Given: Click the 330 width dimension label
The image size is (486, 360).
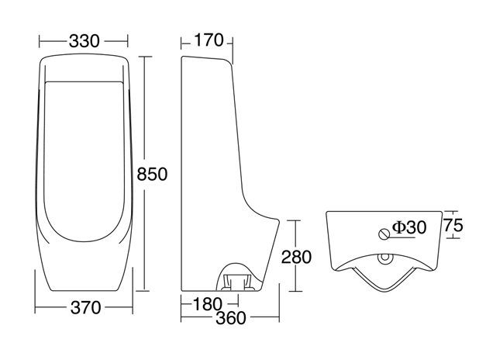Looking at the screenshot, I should point(84,41).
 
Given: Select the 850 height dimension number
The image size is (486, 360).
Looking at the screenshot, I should point(152,174).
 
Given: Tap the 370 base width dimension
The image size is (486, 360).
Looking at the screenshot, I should point(85,308).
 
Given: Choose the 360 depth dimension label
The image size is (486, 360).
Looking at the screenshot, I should point(230,318).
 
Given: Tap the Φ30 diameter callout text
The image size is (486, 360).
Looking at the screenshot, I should point(408,227).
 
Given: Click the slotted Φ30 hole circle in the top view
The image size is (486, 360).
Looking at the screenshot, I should point(383,232).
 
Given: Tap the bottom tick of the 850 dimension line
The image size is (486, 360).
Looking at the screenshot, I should point(143,291).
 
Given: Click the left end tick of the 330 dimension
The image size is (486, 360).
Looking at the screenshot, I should point(39,40).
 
